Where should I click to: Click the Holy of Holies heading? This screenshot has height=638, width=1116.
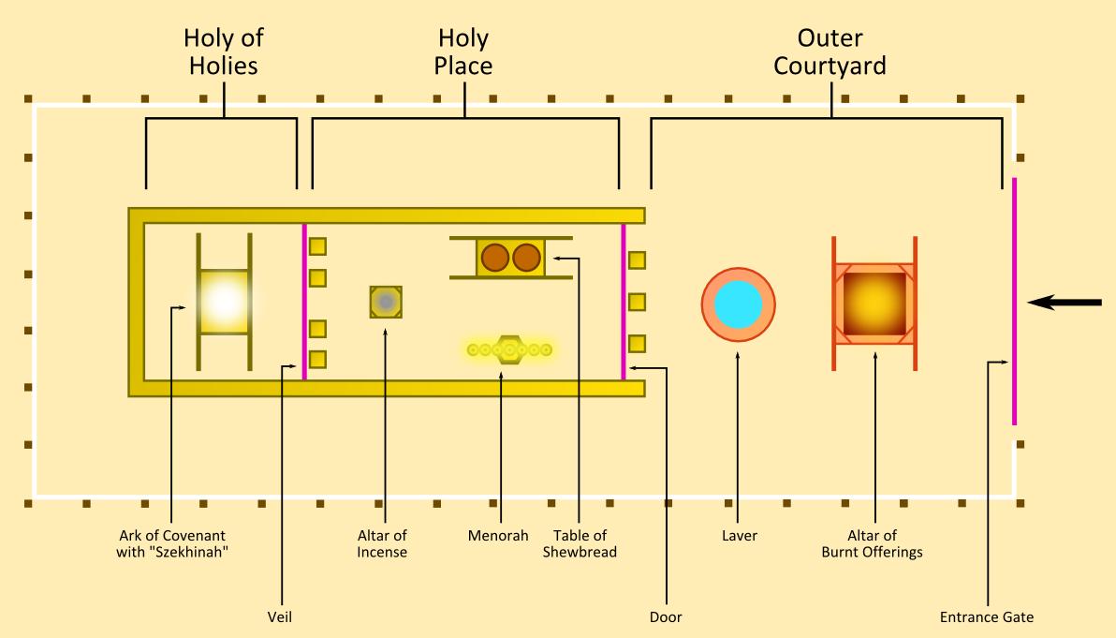tap(222, 52)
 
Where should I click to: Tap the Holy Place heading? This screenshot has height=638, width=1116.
tap(463, 52)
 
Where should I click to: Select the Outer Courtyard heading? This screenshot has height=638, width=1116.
tap(830, 52)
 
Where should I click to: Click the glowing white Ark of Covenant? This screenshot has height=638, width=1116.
tap(224, 302)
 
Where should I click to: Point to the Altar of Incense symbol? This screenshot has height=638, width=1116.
tap(386, 302)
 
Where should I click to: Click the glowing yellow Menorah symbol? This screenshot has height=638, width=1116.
tap(510, 349)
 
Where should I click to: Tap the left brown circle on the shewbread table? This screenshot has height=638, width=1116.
tap(494, 257)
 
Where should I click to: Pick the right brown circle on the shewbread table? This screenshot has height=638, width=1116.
tap(526, 257)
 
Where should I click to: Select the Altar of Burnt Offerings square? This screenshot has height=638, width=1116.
tap(874, 304)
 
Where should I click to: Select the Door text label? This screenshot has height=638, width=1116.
tap(666, 617)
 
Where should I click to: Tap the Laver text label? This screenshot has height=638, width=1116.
tap(739, 536)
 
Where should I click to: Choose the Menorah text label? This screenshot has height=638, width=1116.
tap(498, 536)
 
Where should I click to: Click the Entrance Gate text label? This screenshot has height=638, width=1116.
tap(987, 617)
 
